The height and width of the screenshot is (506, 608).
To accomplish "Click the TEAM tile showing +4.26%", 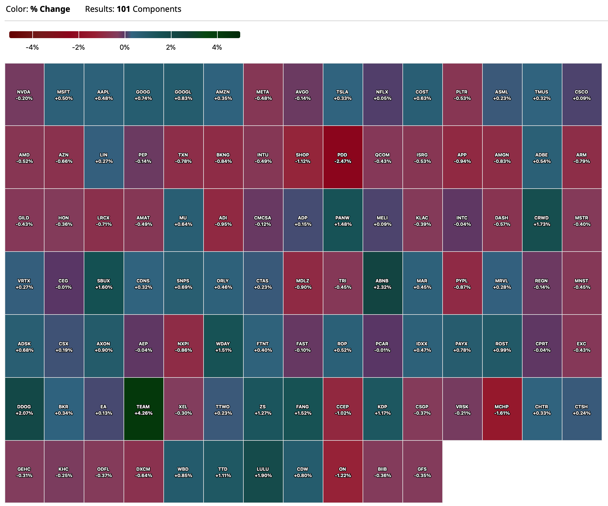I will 143,409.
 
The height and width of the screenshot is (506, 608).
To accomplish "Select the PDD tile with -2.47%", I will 343,157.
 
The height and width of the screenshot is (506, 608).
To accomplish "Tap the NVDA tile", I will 24,94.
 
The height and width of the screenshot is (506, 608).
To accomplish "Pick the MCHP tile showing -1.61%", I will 502,409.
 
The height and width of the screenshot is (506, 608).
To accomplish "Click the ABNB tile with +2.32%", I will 383,283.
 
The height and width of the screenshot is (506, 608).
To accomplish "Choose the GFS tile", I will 422,472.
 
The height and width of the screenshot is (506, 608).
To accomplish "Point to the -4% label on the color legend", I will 32,47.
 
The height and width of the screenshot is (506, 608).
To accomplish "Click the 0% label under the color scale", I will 124,47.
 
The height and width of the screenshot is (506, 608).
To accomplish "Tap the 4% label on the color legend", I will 217,47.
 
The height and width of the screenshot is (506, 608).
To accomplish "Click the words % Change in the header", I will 50,9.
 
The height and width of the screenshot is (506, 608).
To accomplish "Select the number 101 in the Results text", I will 123,9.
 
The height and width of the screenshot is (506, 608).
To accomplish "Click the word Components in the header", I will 157,9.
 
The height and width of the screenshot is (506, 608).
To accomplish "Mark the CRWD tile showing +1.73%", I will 542,220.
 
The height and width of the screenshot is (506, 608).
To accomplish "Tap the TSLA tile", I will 343,94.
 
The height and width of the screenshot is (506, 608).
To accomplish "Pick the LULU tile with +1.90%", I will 263,472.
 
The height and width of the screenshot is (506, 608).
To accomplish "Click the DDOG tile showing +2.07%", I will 24,409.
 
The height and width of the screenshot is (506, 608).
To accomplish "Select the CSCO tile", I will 582,94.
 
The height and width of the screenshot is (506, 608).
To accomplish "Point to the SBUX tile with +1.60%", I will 104,283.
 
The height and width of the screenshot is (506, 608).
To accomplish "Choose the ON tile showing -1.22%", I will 343,472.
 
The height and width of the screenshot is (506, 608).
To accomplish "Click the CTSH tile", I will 582,409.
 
